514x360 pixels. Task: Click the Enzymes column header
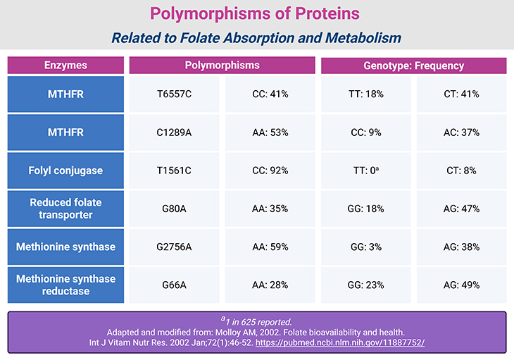click(x=65, y=66)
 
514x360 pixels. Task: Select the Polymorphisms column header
click(x=222, y=66)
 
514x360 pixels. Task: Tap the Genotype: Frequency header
click(x=413, y=66)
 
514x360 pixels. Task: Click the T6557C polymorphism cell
click(x=174, y=94)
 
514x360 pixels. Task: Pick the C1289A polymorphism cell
click(x=174, y=132)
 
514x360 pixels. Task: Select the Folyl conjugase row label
click(x=65, y=170)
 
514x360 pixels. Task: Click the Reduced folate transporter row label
click(x=65, y=209)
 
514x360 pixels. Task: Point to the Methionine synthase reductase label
click(x=65, y=285)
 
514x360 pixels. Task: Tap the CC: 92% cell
click(x=270, y=170)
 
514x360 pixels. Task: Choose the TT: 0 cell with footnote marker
click(x=366, y=170)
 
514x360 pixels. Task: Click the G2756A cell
click(x=174, y=247)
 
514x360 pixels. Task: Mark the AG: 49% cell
click(x=461, y=285)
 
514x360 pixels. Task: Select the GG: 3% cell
click(x=366, y=247)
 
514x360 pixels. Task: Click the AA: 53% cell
click(x=270, y=132)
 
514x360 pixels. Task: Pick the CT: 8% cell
click(x=461, y=170)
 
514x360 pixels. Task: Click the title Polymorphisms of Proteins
click(x=256, y=13)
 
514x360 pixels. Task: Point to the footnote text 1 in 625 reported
click(x=256, y=321)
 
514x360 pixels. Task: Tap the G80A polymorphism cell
click(x=174, y=209)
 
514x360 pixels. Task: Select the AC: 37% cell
click(x=461, y=132)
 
